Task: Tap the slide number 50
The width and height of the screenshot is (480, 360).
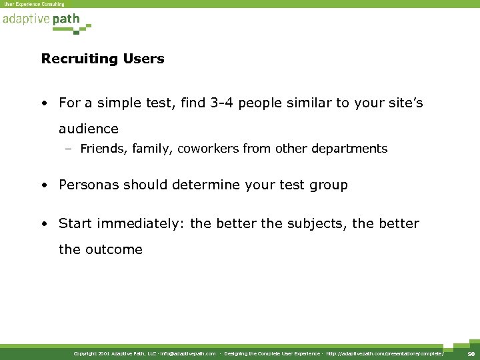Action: click(x=471, y=353)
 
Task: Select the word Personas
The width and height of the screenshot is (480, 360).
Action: click(x=87, y=185)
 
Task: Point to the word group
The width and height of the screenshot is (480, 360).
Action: click(x=327, y=185)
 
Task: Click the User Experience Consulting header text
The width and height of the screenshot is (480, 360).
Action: click(x=34, y=4)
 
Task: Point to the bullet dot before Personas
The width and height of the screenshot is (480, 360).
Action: click(x=43, y=185)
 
